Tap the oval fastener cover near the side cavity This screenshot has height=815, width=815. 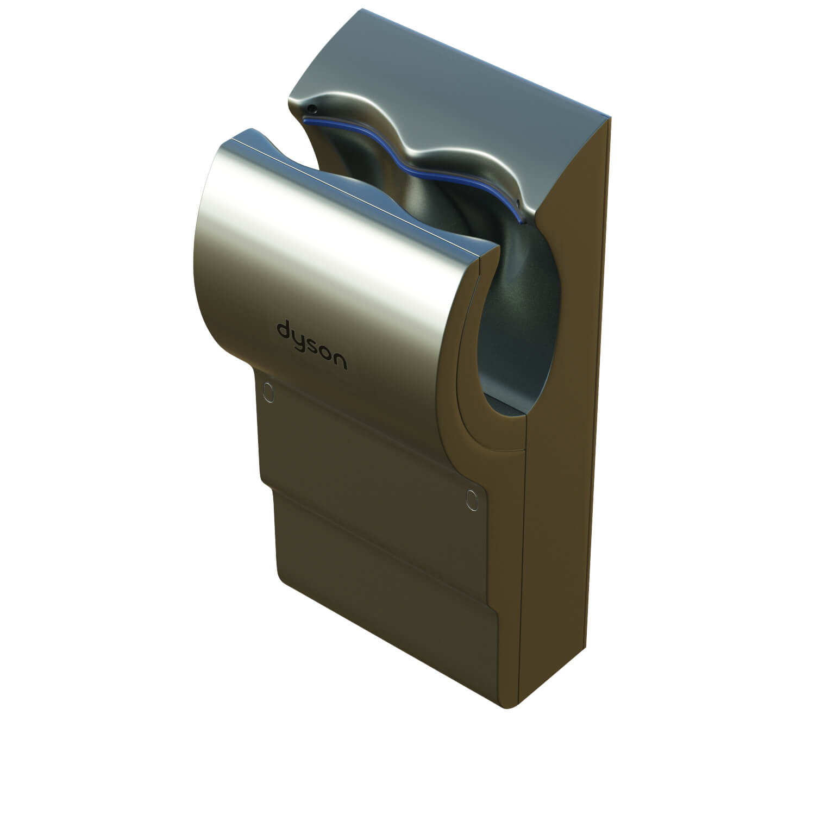click(x=471, y=499)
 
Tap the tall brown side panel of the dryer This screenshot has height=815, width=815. click(x=565, y=435)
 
